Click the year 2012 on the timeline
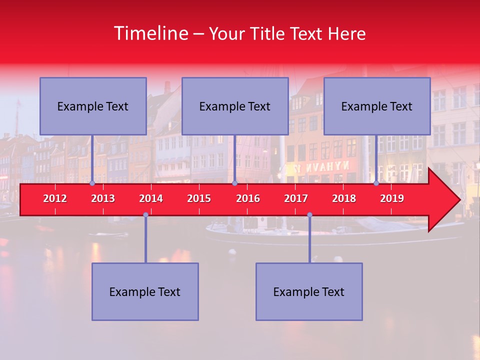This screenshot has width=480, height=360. (x=55, y=198)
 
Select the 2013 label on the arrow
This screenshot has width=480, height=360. (x=103, y=198)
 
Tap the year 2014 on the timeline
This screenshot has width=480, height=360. (x=151, y=198)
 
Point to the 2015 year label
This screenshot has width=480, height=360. (x=199, y=198)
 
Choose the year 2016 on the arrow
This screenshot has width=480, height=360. (x=248, y=198)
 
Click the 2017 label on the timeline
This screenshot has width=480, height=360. (x=296, y=198)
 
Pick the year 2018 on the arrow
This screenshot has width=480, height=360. (x=344, y=198)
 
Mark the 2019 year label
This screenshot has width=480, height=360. (x=392, y=198)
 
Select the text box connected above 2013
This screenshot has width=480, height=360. (x=93, y=106)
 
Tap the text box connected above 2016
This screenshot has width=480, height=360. (x=235, y=106)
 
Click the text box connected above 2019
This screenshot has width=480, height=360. (x=377, y=106)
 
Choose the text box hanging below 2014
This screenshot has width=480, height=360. (x=145, y=291)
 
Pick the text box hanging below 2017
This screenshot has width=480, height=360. (x=309, y=291)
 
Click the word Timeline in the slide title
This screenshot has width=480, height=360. (x=150, y=33)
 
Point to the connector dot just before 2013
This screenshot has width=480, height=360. (x=92, y=183)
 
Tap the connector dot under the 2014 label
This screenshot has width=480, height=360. (x=145, y=214)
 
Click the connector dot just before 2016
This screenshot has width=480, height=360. (x=234, y=183)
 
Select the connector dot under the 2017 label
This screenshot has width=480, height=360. (x=309, y=214)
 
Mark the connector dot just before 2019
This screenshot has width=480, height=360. (x=376, y=183)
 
